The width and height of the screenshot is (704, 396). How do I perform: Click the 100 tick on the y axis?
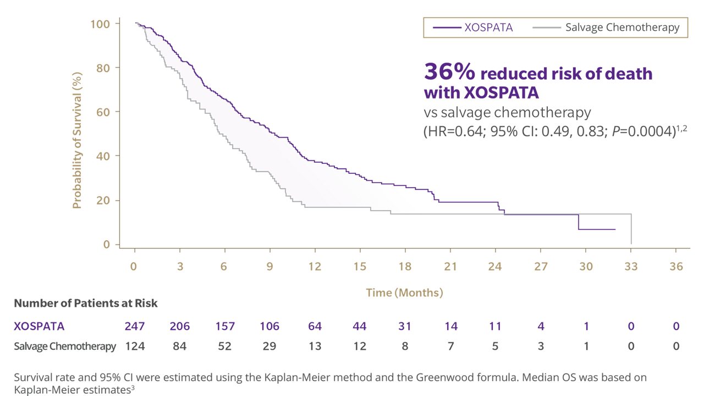tap(101, 24)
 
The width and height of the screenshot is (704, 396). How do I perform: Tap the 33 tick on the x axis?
tap(631, 266)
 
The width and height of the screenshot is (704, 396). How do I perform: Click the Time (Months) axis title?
tap(404, 293)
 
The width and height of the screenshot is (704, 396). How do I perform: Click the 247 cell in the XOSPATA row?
tap(135, 326)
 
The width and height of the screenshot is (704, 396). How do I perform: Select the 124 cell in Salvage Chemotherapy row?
tap(135, 346)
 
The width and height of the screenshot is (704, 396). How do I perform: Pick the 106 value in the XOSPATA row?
tap(269, 326)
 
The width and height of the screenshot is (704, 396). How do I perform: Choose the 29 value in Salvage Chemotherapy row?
tap(269, 346)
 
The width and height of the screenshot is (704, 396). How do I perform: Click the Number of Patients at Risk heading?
tap(86, 304)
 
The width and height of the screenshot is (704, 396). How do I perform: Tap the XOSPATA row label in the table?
tap(39, 326)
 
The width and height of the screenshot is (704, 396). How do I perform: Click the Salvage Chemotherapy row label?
tap(65, 346)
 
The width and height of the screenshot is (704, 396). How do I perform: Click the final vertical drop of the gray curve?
tap(631, 229)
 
